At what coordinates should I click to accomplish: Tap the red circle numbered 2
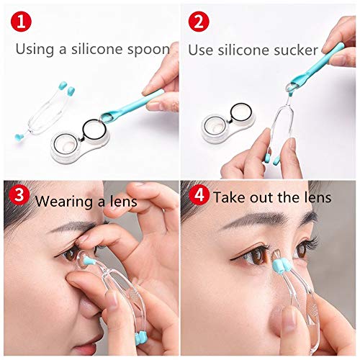click(x=199, y=22)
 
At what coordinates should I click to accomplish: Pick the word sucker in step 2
click(x=295, y=50)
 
